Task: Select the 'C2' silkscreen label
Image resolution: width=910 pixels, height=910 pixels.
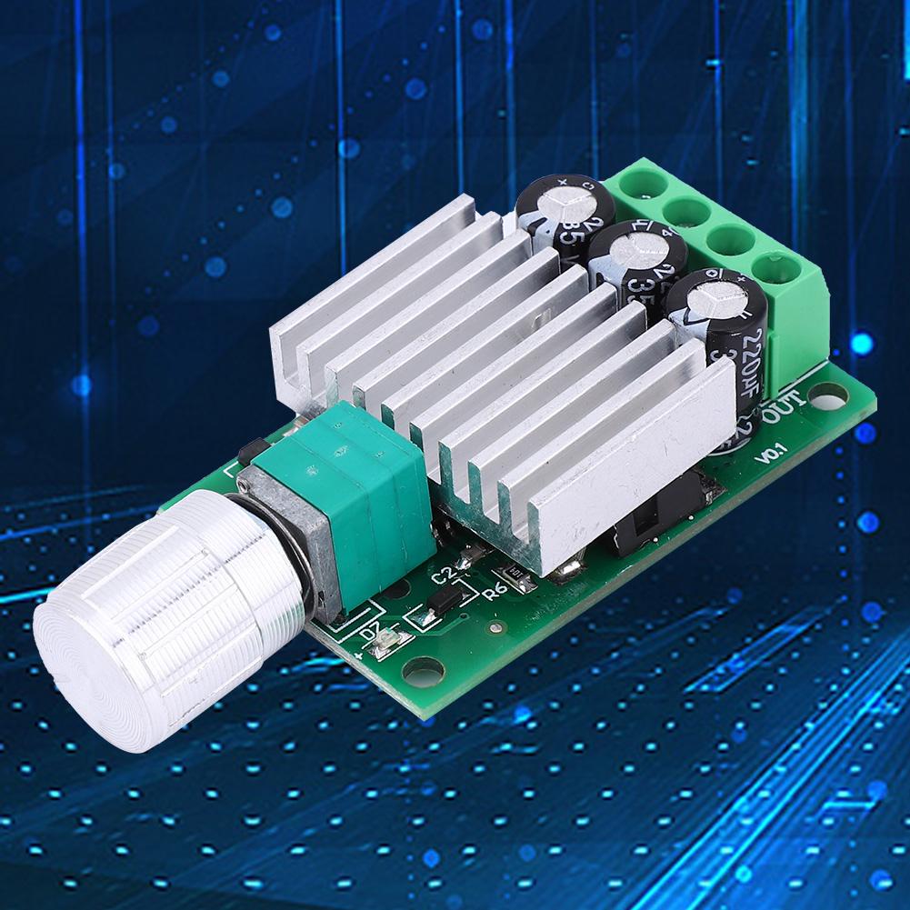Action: tap(443, 574)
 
